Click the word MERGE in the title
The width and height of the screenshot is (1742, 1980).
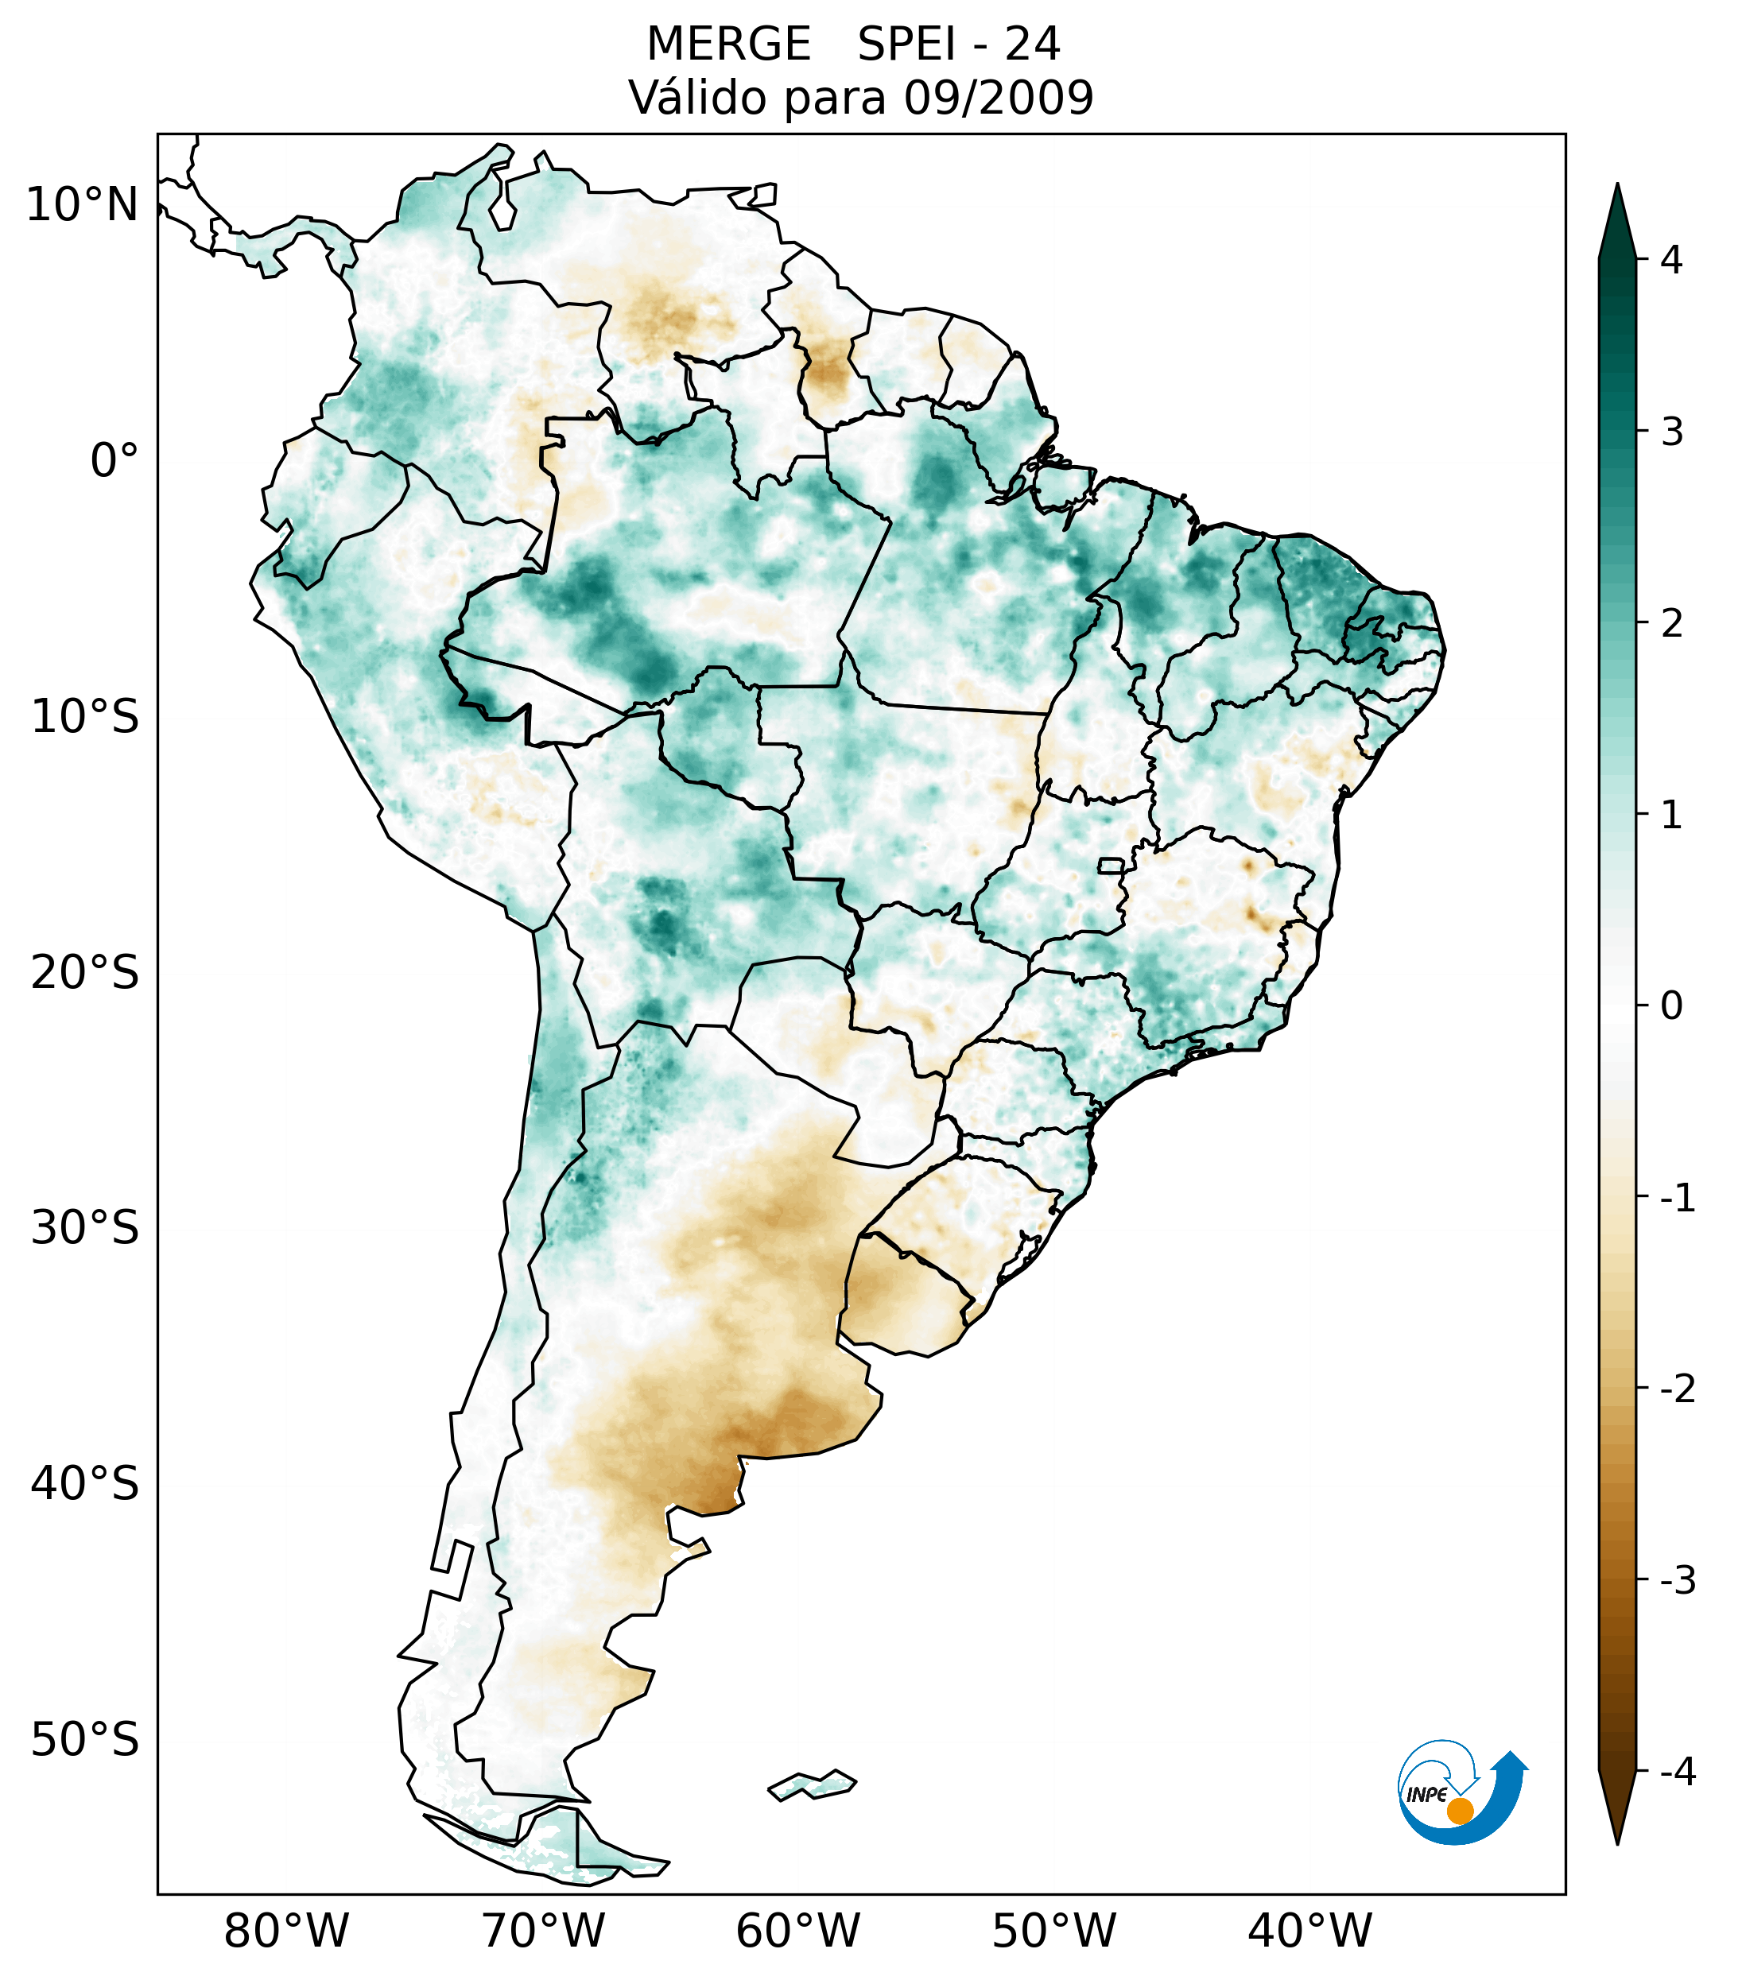tap(728, 45)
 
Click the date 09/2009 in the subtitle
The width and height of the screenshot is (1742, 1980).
tap(999, 98)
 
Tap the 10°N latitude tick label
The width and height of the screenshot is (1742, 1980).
tap(81, 205)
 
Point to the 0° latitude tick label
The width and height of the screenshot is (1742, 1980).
tap(114, 461)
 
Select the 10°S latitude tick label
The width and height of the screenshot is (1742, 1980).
tap(85, 717)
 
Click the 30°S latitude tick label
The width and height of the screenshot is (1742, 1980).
tap(85, 1228)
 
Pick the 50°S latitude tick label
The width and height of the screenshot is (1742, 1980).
tap(85, 1741)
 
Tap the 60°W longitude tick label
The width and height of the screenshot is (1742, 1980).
tap(797, 1932)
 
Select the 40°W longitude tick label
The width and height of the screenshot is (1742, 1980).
tap(1310, 1932)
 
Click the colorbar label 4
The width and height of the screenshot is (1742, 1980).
tap(1671, 260)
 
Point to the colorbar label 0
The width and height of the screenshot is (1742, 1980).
tap(1671, 1006)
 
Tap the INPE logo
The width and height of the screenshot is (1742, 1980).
tap(1461, 1792)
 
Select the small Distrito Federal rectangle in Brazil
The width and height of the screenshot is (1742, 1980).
tap(1112, 865)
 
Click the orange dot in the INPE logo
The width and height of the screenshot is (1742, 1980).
tap(1460, 1811)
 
